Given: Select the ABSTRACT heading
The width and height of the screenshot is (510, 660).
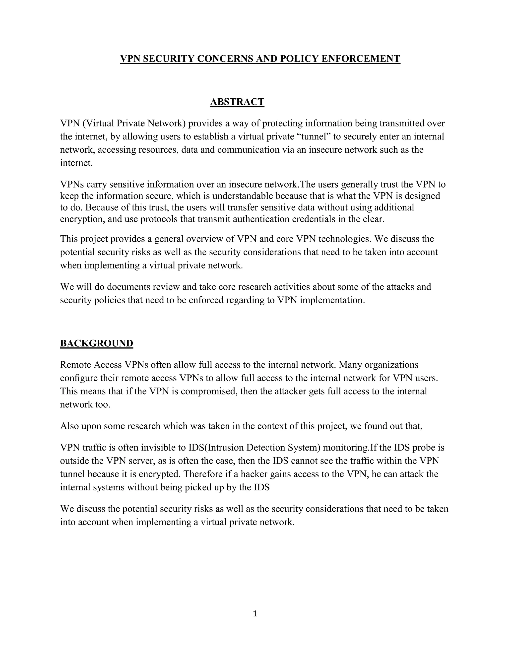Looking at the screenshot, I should pos(237,102).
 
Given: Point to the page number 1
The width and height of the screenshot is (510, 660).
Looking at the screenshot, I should pos(255,613).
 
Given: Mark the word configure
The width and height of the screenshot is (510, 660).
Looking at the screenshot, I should pos(78,378).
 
